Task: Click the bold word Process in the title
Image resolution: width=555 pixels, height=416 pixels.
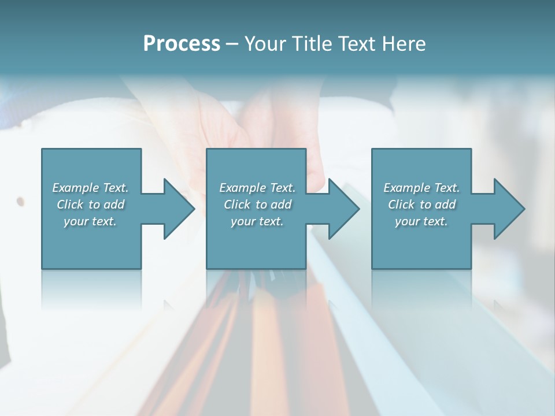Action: pos(182,43)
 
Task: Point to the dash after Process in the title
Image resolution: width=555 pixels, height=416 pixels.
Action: pos(232,44)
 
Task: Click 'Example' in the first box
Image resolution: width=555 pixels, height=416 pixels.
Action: pos(75,188)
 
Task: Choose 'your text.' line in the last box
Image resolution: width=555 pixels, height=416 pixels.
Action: pos(421,221)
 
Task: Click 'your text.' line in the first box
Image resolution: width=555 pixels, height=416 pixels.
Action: pos(90,221)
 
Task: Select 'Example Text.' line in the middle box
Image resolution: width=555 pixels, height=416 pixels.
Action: pos(257,188)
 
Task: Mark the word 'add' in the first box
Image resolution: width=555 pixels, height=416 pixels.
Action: pos(114,205)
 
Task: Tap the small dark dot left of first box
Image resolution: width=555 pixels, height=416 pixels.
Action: pos(21,202)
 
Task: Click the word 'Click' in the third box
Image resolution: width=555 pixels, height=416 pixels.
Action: pos(402,205)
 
